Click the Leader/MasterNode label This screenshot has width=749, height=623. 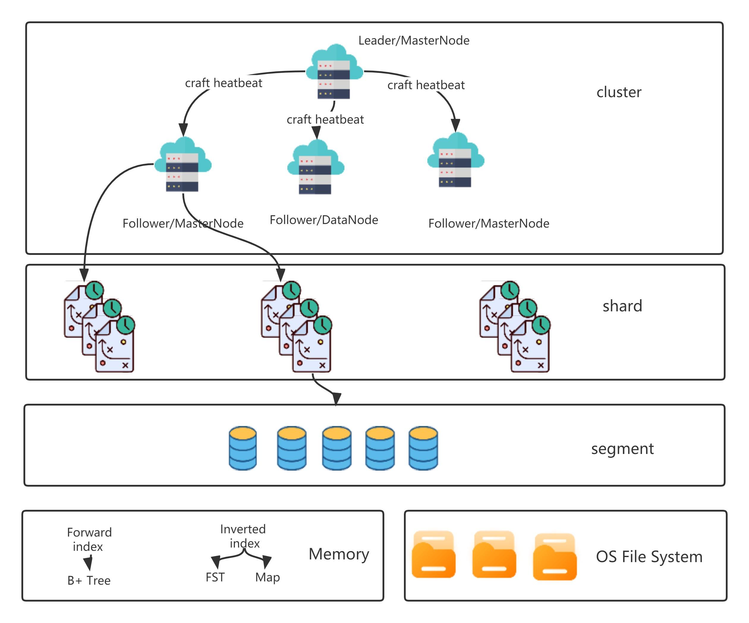point(414,41)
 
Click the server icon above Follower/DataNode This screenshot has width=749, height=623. point(316,168)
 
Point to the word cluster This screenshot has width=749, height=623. point(619,92)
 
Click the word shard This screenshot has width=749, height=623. point(622,306)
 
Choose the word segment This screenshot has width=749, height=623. point(622,449)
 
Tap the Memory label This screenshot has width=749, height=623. point(339,554)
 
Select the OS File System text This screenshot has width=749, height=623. point(649,557)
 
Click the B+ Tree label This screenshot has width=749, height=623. point(89,581)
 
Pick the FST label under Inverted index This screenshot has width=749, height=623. point(215,577)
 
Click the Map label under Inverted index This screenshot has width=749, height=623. point(267,577)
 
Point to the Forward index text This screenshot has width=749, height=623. point(89,540)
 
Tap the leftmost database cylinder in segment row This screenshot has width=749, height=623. point(243,448)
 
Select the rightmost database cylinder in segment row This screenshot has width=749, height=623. point(423,448)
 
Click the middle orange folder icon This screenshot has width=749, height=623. point(494,555)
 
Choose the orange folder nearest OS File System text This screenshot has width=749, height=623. point(555,557)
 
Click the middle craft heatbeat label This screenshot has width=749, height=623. point(325,119)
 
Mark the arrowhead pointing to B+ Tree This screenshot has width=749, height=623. point(88,564)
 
